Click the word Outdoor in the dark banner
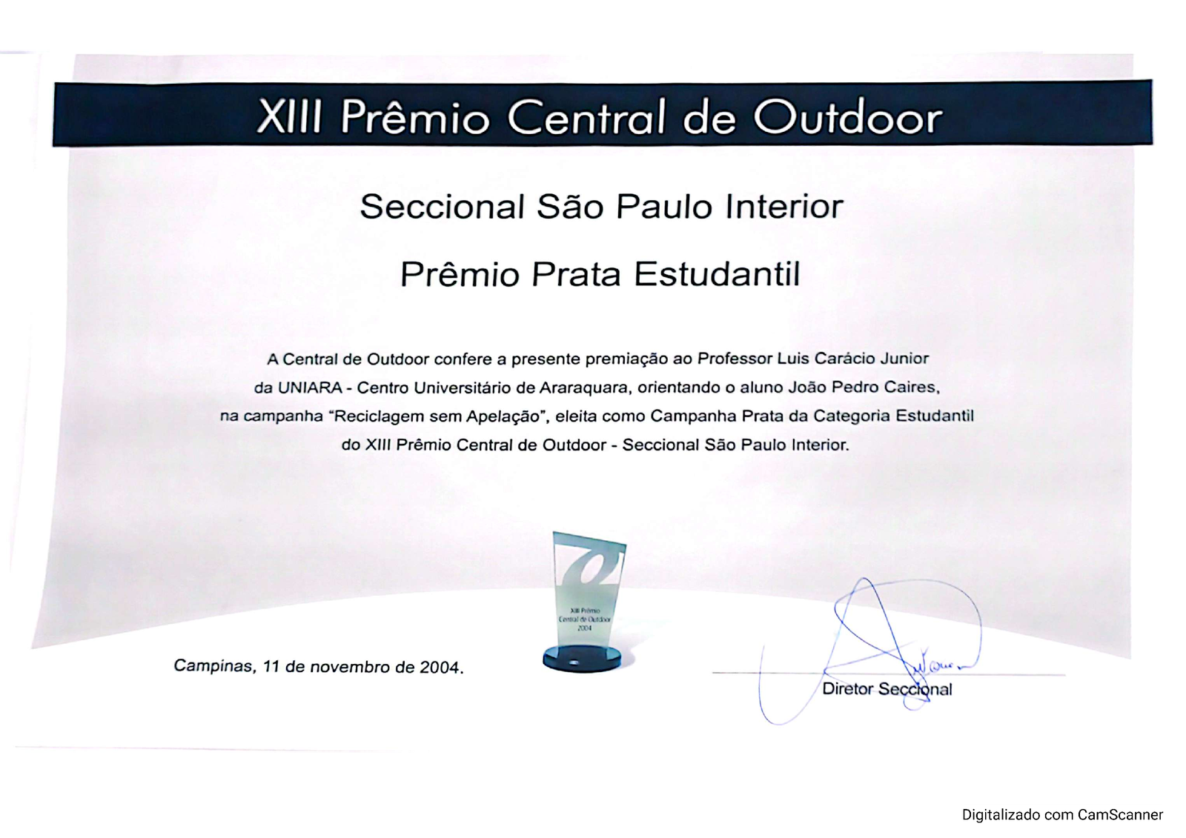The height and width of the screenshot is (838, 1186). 848,116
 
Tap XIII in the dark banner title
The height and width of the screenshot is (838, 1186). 288,116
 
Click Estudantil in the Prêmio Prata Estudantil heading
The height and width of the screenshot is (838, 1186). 717,274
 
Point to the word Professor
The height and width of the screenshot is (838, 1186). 735,359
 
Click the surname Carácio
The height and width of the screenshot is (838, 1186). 844,359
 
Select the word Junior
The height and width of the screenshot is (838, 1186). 904,359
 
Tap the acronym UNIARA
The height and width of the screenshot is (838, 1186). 310,388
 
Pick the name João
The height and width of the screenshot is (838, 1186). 807,387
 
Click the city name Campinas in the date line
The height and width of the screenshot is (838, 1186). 215,666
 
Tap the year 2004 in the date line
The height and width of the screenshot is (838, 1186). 441,667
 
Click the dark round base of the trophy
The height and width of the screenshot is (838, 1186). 582,659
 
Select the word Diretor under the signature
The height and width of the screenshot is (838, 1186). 848,689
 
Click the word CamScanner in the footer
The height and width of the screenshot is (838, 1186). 1120,815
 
